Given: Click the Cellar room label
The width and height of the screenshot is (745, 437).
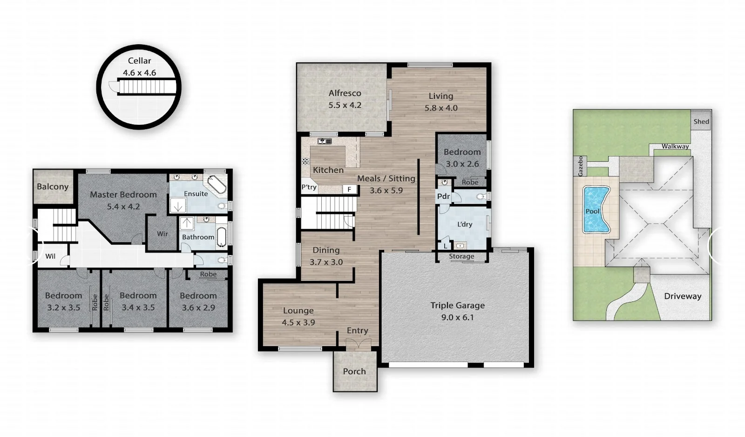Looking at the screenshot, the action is point(139,61).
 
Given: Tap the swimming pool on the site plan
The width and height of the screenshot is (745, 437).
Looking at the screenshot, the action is point(596,209).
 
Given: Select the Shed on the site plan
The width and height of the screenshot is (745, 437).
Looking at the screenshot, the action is point(701,122).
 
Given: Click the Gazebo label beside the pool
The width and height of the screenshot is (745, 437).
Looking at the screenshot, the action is point(580,166).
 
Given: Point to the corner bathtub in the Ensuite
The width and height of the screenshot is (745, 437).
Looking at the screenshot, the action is point(217,184).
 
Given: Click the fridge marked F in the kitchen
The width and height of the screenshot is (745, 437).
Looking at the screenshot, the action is point(349,189).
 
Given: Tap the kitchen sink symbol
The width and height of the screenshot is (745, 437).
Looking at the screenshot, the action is point(324,142).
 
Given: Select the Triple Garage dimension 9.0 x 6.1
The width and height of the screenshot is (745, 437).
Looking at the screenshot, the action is point(457,317).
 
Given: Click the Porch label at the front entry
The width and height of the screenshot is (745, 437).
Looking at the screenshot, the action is point(354,371).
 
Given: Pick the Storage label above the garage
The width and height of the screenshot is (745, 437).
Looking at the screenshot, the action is point(461,256).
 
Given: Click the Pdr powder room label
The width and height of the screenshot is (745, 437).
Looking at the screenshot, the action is point(443,196).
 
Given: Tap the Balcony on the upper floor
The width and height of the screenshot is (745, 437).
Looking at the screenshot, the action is point(53,187).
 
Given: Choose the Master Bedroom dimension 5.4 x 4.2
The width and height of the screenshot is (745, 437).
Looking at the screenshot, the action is point(123,206).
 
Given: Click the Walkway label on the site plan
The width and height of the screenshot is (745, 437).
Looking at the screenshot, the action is point(675,146).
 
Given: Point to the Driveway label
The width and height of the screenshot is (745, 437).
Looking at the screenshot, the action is point(683,296).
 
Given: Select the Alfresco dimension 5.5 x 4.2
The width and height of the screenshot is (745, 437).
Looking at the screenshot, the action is point(345,105).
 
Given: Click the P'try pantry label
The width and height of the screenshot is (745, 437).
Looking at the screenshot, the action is point(309,187).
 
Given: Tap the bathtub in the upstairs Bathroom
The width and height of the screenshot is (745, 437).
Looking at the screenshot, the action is point(221,237).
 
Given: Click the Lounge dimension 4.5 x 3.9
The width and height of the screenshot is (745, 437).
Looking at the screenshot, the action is point(298,322).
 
